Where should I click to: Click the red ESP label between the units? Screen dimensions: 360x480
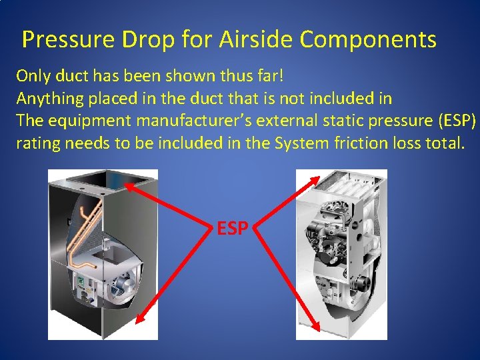click(233, 229)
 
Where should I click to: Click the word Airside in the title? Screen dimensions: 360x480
click(257, 40)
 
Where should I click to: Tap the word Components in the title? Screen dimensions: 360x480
click(368, 40)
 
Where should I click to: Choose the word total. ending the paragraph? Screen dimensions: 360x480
click(439, 144)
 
